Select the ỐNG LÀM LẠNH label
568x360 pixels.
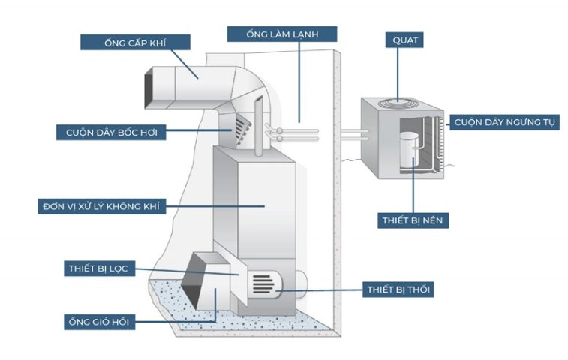(281, 34)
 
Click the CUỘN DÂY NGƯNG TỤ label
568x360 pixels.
(505, 122)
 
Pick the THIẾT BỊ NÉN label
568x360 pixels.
(413, 221)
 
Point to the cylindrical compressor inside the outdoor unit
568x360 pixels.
(410, 150)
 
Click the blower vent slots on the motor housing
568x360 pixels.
(263, 283)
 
